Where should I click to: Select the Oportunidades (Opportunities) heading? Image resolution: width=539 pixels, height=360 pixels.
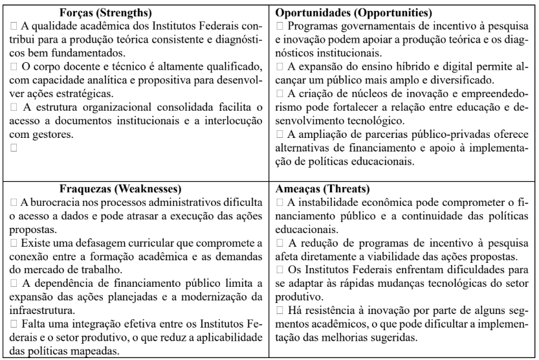(x=355, y=12)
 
